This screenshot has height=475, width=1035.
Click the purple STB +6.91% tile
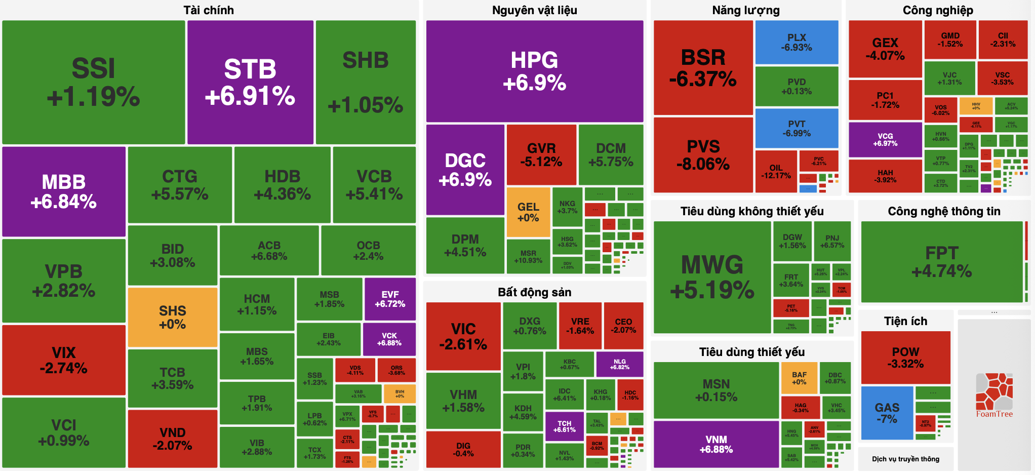coord(250,82)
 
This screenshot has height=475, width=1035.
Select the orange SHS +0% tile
coord(173,318)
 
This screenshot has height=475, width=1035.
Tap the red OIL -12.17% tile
coord(776,171)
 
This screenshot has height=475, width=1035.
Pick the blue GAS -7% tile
coord(887,413)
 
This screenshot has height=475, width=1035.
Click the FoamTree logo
coord(994,395)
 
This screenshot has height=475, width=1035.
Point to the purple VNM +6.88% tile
coord(716,444)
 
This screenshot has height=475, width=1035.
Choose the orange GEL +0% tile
coord(528,212)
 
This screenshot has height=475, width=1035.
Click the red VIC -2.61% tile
coord(463,336)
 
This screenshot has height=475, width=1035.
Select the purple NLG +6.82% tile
coord(619,364)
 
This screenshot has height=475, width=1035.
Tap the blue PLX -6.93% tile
coord(797,42)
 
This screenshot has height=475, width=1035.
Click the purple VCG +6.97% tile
coord(885,139)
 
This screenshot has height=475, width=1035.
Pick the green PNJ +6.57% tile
coord(832,241)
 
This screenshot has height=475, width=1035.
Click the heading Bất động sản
coord(534,292)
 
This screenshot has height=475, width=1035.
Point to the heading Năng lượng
coord(746,10)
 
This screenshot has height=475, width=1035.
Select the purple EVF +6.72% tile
coord(390,299)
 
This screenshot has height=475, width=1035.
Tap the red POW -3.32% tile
coord(905,357)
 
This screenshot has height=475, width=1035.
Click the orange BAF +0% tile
coord(799,378)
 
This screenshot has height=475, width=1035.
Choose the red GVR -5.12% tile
coord(541,154)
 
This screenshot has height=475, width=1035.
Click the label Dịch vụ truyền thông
coord(905,459)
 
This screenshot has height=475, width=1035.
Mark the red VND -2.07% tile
coord(172,439)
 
